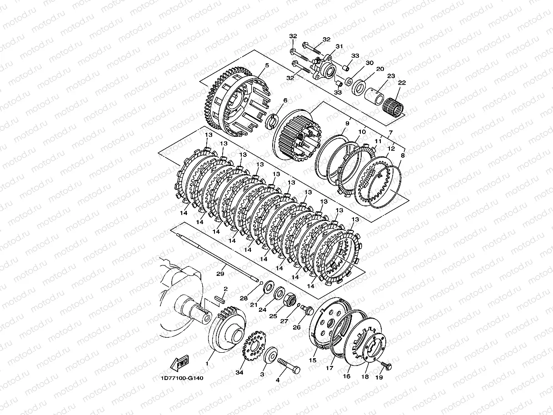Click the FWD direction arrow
179,363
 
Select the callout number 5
267,65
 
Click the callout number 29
220,274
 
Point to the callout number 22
402,83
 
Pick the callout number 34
239,372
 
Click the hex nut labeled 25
290,299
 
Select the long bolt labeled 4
289,365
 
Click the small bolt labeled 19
386,365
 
